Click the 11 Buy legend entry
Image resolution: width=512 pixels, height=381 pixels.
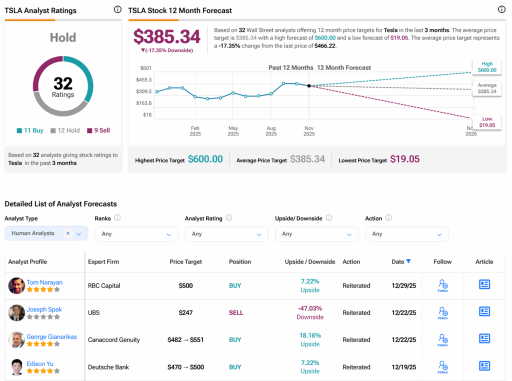coord(30,130)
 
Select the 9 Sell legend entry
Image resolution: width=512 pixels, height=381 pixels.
coord(98,130)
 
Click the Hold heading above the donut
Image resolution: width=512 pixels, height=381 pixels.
coord(63,37)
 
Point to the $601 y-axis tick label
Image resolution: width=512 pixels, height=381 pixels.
coord(146,68)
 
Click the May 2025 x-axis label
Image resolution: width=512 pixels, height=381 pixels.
coord(233,131)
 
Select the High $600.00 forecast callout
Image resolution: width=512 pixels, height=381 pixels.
coord(487,67)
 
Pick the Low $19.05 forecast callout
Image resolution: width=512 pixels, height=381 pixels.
coord(487,122)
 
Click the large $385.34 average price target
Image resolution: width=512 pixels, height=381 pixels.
coord(167,36)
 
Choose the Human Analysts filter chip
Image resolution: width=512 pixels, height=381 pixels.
coord(33,233)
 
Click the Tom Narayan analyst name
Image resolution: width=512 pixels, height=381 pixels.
coord(44,282)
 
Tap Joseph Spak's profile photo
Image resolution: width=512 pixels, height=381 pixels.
coord(16,313)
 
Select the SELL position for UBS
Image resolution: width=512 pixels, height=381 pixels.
coord(236,313)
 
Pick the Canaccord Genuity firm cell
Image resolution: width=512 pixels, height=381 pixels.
coord(114,340)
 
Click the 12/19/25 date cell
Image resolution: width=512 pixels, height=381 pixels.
coord(403,367)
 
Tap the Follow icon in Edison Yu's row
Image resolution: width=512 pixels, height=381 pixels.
coord(442,366)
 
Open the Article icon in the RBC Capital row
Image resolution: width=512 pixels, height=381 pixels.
coord(484,285)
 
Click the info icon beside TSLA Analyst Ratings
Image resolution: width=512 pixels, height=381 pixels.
coord(117,9)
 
